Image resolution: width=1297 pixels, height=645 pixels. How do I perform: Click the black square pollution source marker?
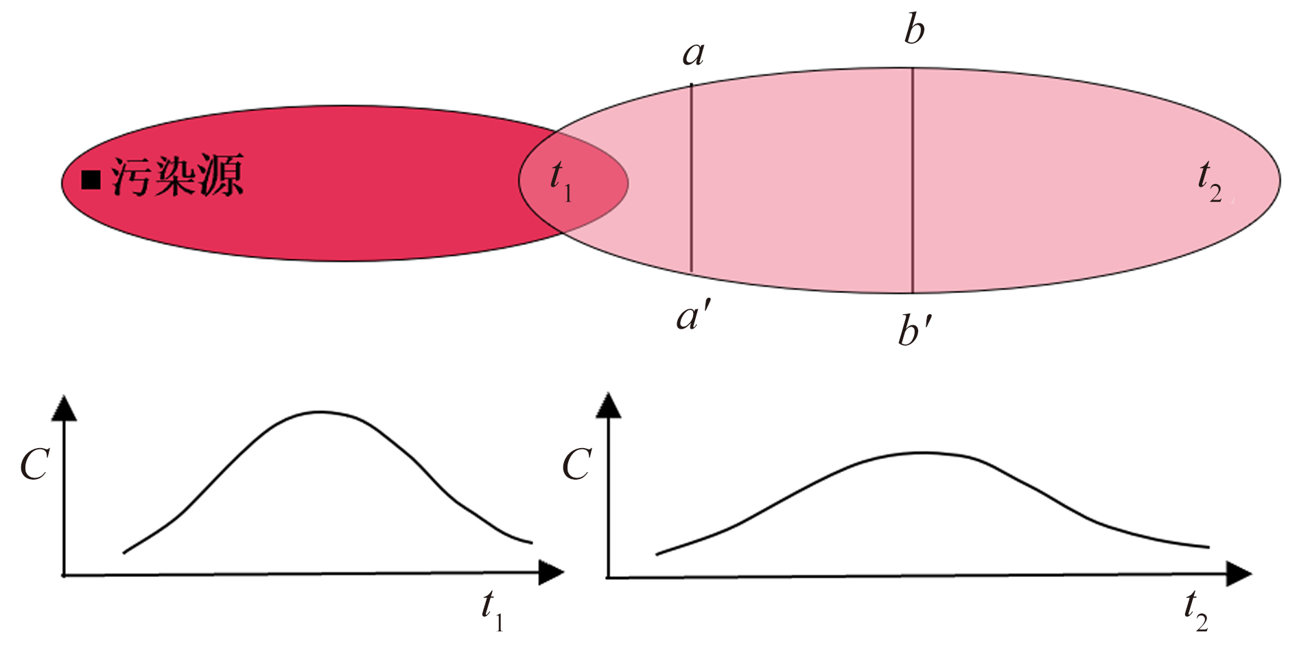pos(91,180)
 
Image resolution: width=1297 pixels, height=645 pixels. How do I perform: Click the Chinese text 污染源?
pos(177,177)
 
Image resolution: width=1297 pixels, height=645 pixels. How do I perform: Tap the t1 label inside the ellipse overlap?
pos(561,181)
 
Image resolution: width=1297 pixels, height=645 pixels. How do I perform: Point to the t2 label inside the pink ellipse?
pos(1210,183)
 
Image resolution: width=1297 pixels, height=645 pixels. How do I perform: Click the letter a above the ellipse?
pos(693,54)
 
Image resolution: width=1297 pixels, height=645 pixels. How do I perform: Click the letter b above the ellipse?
pos(914,30)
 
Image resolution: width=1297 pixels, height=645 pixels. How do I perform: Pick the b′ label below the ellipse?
pos(915,329)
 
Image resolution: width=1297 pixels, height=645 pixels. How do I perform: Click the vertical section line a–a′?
pos(691,178)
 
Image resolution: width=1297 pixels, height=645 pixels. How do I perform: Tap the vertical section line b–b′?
pos(913,180)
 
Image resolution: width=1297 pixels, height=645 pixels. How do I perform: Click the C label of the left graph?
pos(34,465)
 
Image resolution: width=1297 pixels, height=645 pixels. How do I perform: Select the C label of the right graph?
pos(576,465)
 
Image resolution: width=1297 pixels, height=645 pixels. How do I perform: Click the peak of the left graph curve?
pos(320,412)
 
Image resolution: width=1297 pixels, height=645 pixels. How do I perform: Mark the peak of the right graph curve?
pos(923,453)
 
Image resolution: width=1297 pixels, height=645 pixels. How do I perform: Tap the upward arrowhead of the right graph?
pos(608,405)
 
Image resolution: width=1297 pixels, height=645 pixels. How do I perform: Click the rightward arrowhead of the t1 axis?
pos(551,572)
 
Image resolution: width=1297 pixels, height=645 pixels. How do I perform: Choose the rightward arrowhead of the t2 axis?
pos(1239,574)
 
